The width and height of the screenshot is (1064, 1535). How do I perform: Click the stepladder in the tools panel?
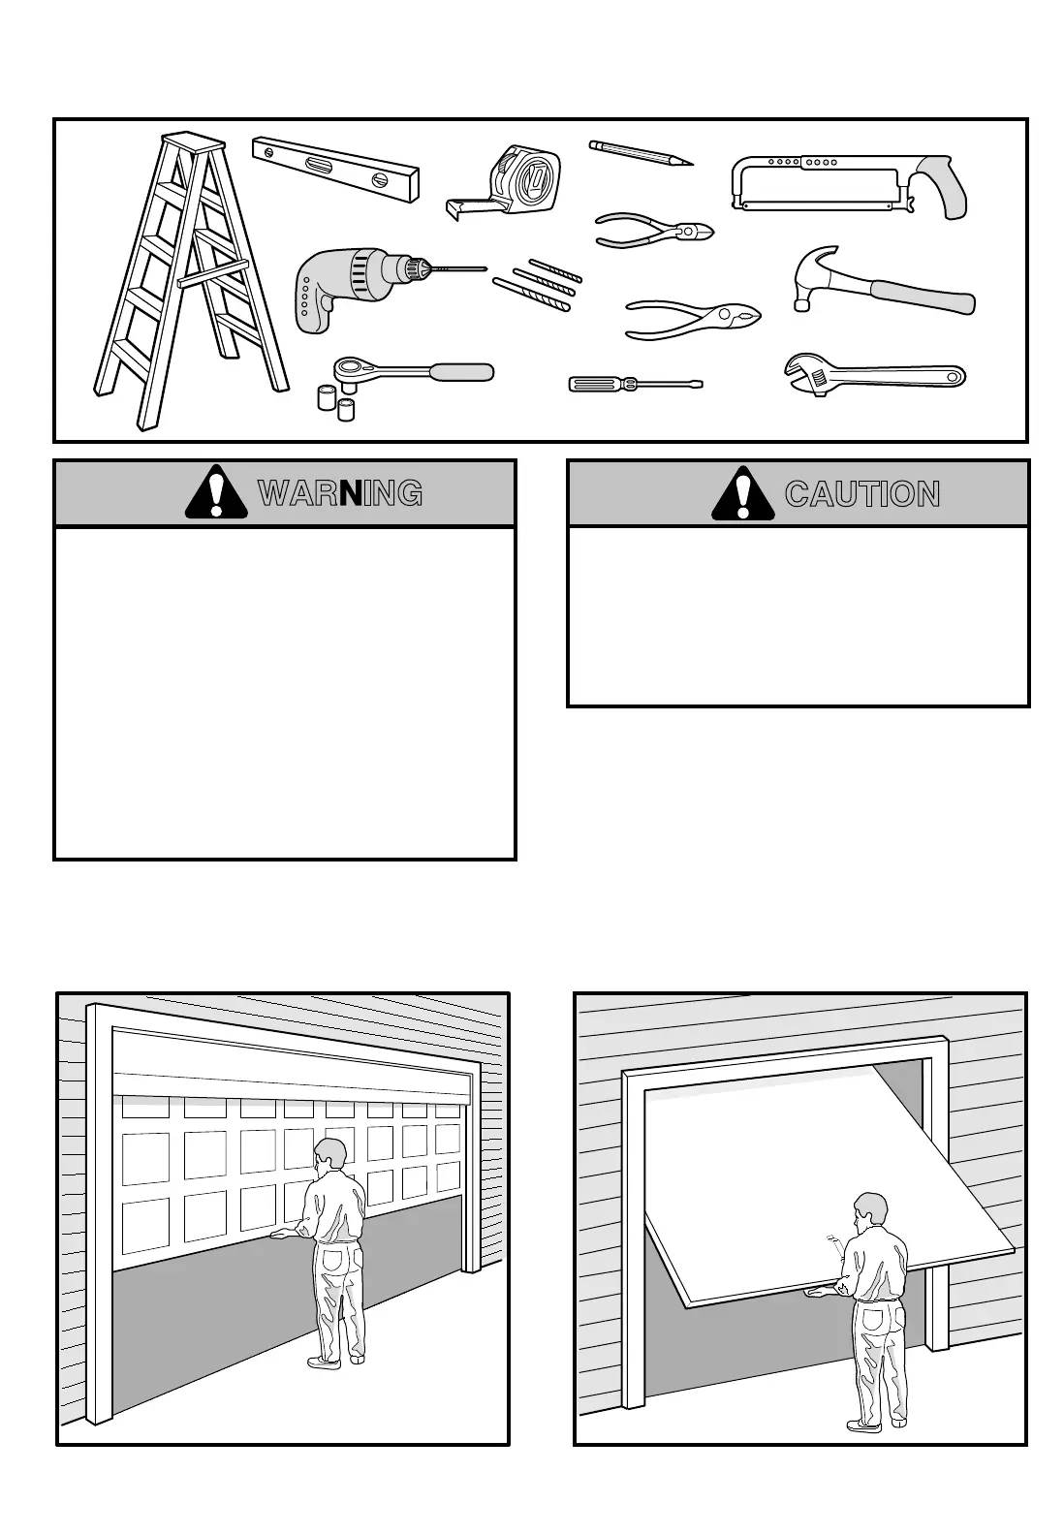click(x=190, y=281)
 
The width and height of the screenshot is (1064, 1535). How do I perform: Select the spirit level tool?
click(x=335, y=170)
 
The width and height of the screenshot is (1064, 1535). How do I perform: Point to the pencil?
click(x=640, y=153)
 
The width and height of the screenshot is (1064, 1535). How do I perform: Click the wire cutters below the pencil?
click(x=653, y=231)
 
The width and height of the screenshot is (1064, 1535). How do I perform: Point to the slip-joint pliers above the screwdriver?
click(x=692, y=318)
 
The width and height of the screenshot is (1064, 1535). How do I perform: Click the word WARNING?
click(x=339, y=494)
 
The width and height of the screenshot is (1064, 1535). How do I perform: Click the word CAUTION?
click(x=861, y=494)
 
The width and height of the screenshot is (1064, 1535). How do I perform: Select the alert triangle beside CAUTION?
click(x=743, y=494)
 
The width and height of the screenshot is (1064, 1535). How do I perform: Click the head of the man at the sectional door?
click(x=330, y=1156)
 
